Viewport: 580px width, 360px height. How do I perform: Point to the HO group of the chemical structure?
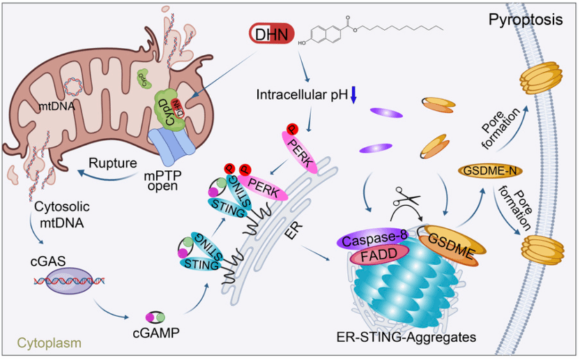coord(303,43)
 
